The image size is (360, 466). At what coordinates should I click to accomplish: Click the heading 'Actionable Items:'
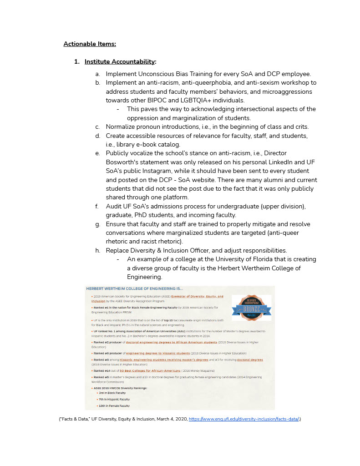coord(90,44)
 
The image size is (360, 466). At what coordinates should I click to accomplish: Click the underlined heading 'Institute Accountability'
coord(119,61)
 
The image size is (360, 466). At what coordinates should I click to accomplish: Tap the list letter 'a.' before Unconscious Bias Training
coord(98,74)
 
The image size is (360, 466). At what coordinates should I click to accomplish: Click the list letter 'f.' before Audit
coord(97,206)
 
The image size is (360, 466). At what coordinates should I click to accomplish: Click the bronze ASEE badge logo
coord(251,308)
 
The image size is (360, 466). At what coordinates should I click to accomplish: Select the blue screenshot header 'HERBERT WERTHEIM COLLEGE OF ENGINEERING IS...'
coord(134,289)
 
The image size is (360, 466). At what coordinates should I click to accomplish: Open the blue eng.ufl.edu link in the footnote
coord(243,419)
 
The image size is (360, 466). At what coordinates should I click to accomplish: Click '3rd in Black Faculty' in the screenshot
coord(112,393)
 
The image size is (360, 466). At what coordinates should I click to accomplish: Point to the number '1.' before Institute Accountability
coord(77,61)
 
